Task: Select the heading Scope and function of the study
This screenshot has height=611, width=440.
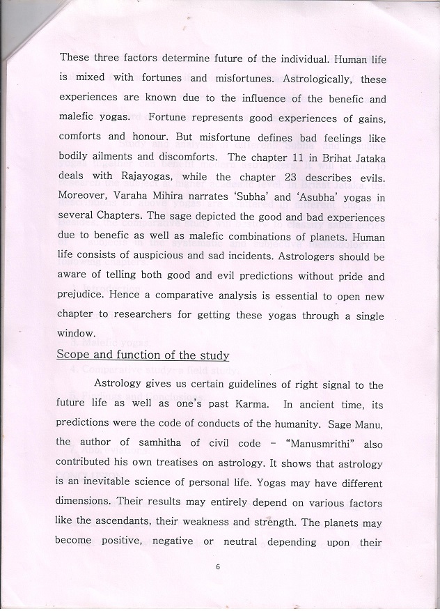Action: [x=143, y=355]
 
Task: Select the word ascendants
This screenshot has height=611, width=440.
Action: [x=120, y=521]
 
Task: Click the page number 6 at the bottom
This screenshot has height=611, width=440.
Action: [x=218, y=566]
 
